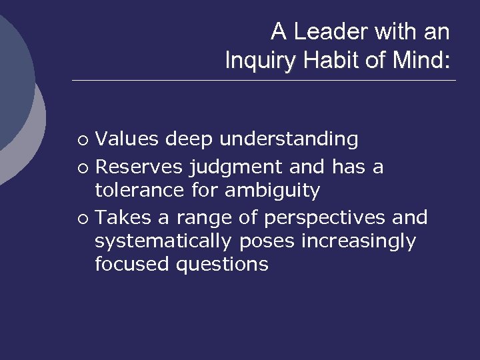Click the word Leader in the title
(x=327, y=31)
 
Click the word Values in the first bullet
(x=127, y=139)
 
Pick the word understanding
(x=289, y=139)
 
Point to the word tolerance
(x=138, y=191)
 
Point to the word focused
(x=132, y=265)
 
